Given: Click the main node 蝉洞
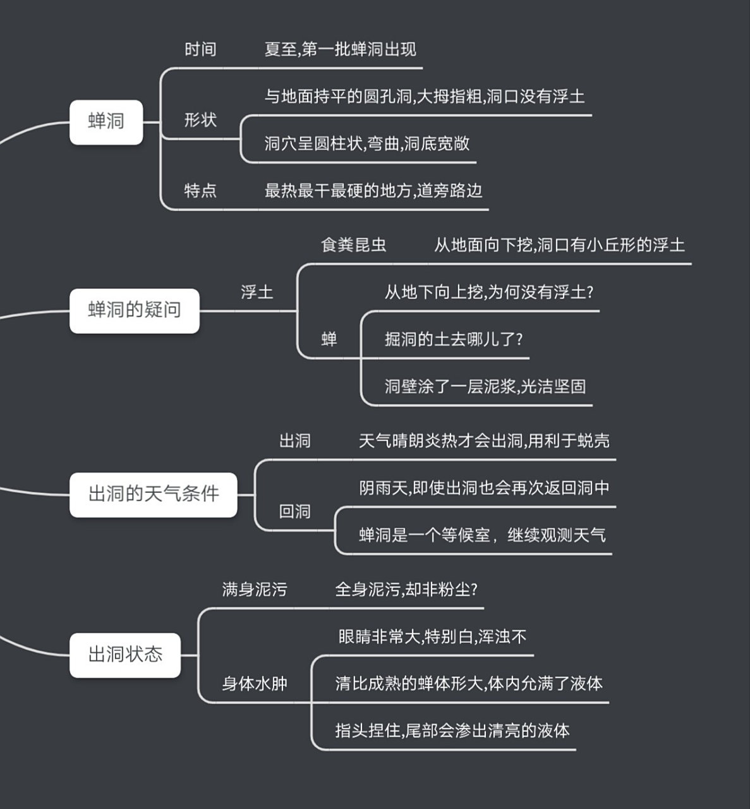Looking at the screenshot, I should coord(106,121).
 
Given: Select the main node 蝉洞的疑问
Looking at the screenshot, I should coord(134,310).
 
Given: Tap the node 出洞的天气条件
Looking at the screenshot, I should coord(153,494).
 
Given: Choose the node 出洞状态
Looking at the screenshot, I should coord(125,655).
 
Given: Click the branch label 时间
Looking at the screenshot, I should coord(200,50).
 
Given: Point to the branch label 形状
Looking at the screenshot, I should coord(200,119).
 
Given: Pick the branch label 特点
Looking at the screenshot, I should coord(200,191).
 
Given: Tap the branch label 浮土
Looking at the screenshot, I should coord(257,293).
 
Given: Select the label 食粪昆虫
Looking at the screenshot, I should coord(353,245).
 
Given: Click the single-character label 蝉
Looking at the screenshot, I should coord(329,340).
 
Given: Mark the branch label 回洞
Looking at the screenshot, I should coord(295,511).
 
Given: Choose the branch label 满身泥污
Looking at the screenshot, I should coord(255,590).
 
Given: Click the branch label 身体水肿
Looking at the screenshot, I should coord(255,684).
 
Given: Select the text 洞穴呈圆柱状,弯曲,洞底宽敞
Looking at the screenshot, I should coord(366,143).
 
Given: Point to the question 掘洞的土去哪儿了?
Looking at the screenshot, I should coord(454,339).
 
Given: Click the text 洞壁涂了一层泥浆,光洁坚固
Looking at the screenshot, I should coord(485,387).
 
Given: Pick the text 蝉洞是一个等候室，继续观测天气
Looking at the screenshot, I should coord(482,535).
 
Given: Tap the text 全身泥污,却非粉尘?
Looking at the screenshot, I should coord(406,590).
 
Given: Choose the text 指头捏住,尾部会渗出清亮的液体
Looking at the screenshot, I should coord(452,731).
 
